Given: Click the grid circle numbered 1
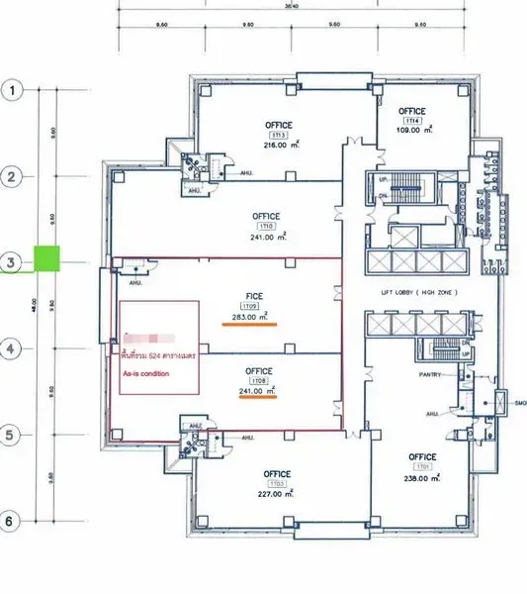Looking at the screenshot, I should pos(13,91).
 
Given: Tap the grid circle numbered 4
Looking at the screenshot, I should pos(13,348).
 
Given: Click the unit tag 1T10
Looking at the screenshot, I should pos(265,227).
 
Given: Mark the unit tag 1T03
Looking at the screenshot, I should pos(277,485).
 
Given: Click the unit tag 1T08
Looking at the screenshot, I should pos(260,380).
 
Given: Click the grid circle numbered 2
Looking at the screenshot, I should pos(13,177).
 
